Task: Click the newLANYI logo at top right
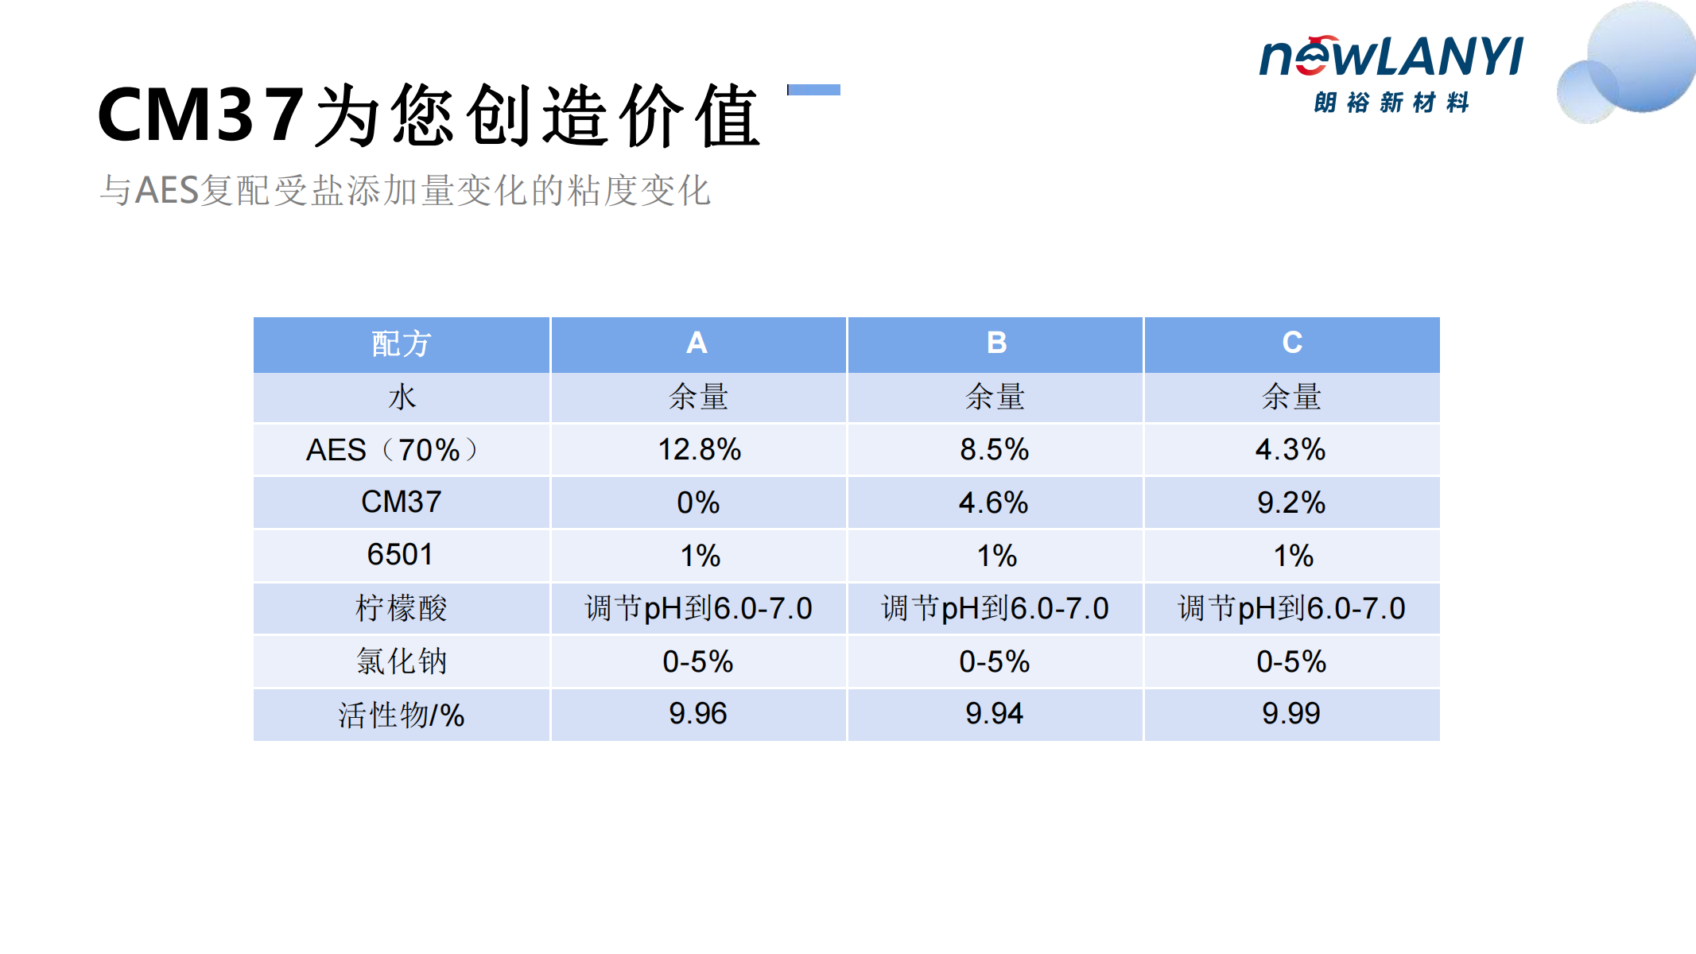[1391, 73]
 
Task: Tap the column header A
[697, 343]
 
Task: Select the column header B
[996, 343]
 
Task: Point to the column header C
[1292, 343]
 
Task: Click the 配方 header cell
[402, 343]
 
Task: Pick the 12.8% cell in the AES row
[699, 449]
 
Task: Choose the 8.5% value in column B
[995, 449]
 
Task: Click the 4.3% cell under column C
[1290, 449]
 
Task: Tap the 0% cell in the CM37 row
[698, 502]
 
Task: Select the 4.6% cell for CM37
[994, 502]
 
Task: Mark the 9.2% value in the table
[1291, 502]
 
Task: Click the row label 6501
[400, 554]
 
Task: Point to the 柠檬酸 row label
[402, 608]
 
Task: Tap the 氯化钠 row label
[402, 661]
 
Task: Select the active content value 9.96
[697, 713]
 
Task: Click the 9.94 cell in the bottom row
[994, 713]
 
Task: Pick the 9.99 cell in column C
[1290, 713]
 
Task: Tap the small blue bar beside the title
[813, 90]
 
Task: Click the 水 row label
[402, 396]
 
